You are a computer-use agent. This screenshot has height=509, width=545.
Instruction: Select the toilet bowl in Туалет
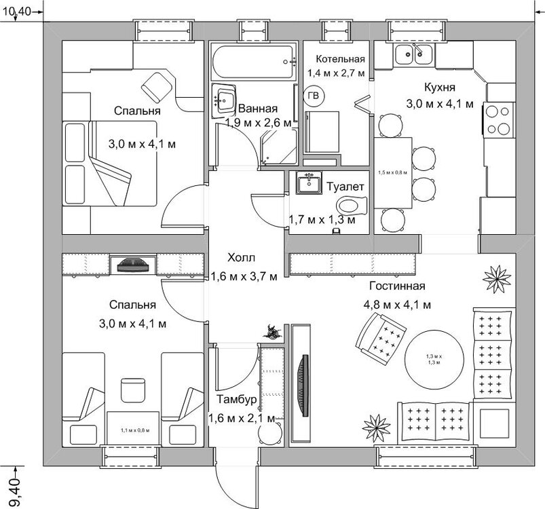click(351, 204)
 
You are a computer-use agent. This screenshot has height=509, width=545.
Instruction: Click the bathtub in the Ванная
click(252, 62)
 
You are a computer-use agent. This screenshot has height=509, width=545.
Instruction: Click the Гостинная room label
click(397, 286)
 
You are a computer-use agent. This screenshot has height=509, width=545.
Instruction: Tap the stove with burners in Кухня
click(498, 119)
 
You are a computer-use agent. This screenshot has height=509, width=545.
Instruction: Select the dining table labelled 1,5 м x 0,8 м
click(393, 173)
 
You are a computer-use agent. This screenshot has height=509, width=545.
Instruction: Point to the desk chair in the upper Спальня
click(157, 86)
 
